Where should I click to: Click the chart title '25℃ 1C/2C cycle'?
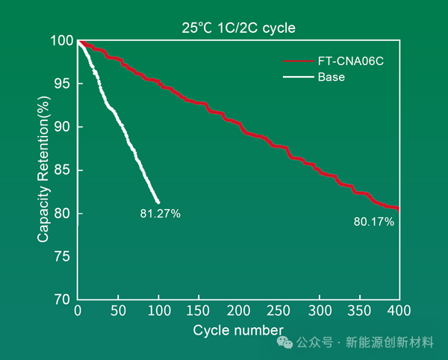point(238,28)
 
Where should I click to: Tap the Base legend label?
point(331,77)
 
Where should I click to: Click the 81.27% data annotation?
point(160,214)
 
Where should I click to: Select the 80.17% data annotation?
point(373,222)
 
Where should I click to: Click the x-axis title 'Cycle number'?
point(238,329)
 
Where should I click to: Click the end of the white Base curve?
point(158,202)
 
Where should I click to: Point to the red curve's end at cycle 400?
point(399,208)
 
